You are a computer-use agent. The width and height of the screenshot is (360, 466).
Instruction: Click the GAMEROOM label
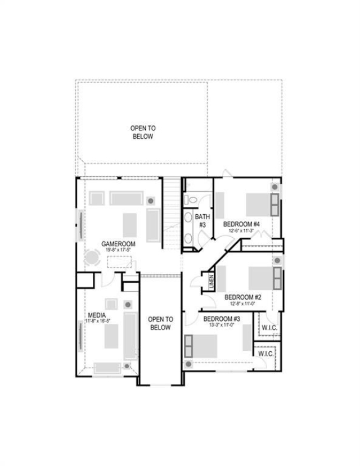[116, 243]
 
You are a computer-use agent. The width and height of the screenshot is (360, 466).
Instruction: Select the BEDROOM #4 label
[241, 223]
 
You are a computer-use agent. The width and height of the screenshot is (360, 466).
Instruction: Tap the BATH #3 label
[202, 220]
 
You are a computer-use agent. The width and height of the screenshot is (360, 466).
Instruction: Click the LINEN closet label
[211, 280]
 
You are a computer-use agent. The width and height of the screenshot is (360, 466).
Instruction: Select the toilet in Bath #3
[192, 200]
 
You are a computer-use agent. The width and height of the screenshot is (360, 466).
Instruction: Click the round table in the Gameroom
[91, 258]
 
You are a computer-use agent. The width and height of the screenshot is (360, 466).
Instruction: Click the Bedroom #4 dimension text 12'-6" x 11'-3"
[241, 230]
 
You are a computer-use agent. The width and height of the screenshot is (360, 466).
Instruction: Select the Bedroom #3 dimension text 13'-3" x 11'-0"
[222, 324]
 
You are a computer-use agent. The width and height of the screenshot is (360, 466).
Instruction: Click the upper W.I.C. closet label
[268, 328]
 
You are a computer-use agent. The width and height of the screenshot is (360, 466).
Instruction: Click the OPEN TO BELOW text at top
[143, 132]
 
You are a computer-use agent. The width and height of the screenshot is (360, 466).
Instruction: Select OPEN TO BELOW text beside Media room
[160, 323]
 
